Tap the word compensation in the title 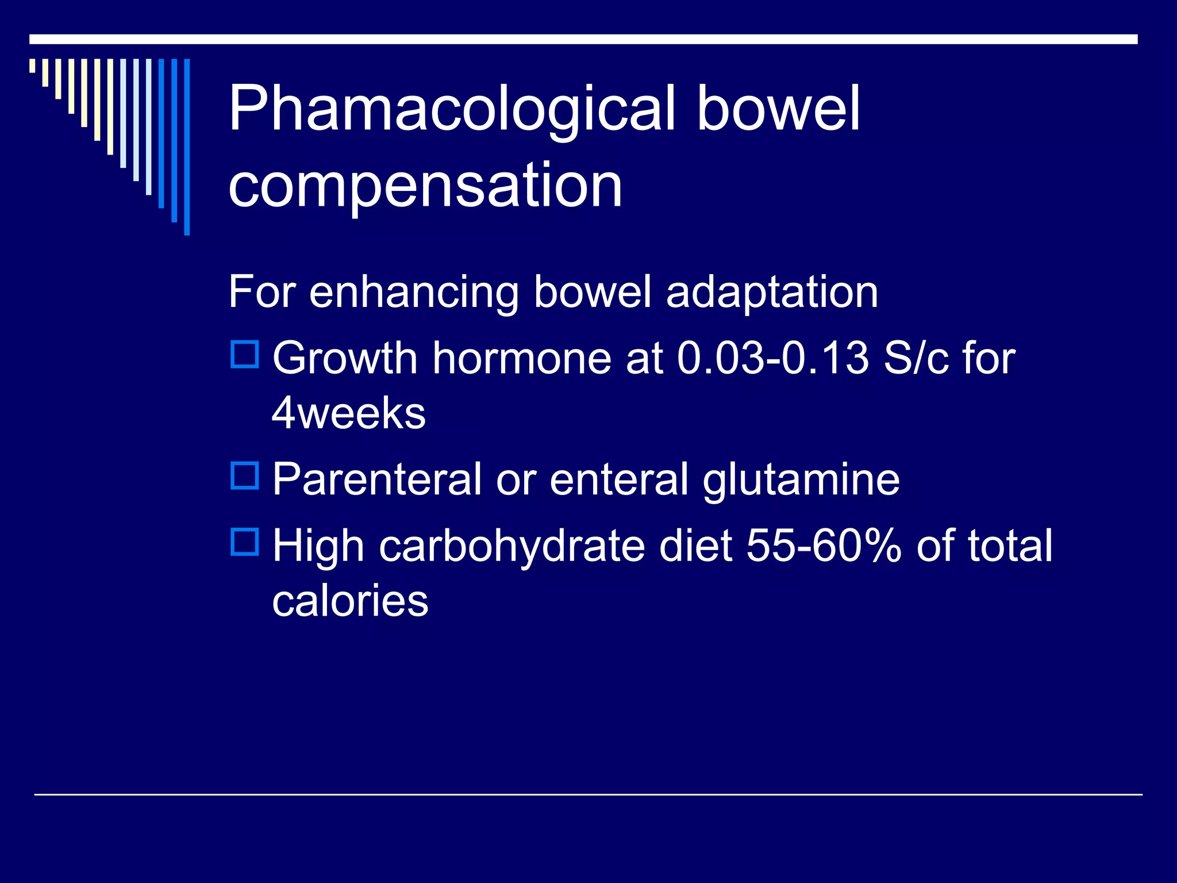pyautogui.click(x=425, y=185)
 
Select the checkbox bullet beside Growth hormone pyautogui.click(x=245, y=354)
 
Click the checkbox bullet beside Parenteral pyautogui.click(x=245, y=475)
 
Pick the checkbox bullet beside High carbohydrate pyautogui.click(x=245, y=542)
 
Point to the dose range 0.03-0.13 pyautogui.click(x=772, y=359)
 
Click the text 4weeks pyautogui.click(x=348, y=413)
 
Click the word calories pyautogui.click(x=350, y=601)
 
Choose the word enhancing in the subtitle pyautogui.click(x=414, y=293)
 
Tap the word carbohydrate pyautogui.click(x=512, y=546)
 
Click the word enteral pyautogui.click(x=618, y=479)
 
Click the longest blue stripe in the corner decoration pyautogui.click(x=187, y=147)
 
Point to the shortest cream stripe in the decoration pyautogui.click(x=32, y=66)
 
